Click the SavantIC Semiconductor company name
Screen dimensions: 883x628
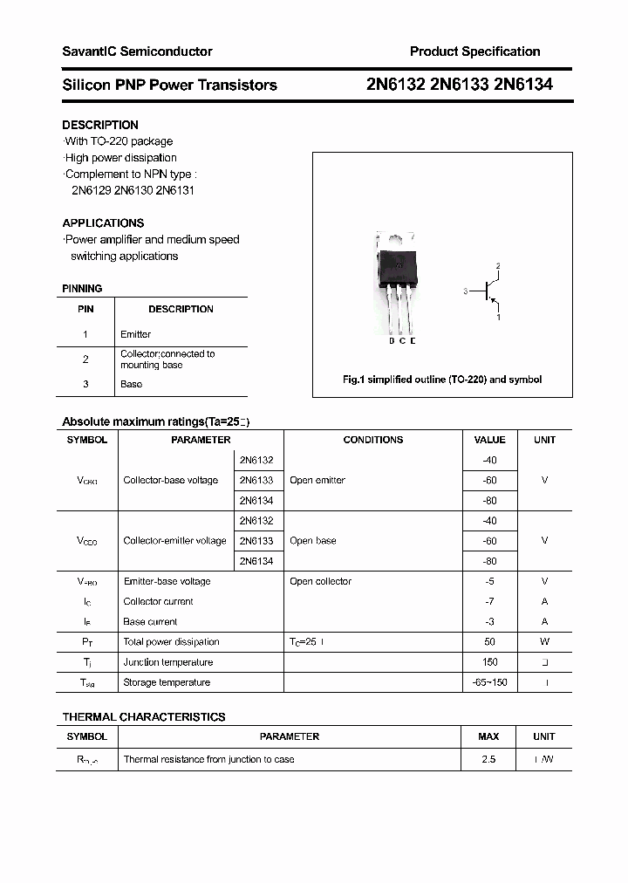tap(137, 51)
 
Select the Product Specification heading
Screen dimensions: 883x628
tap(474, 51)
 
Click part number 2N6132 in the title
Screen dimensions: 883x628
tap(395, 85)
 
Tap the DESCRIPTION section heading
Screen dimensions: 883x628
tap(100, 125)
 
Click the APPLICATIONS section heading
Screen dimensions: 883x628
tap(103, 222)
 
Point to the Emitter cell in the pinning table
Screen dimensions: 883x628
tap(135, 334)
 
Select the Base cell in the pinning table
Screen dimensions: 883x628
tap(131, 384)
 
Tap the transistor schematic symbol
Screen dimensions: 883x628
tap(487, 291)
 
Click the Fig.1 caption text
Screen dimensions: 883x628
tap(442, 380)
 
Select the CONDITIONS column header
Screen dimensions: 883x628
tap(372, 440)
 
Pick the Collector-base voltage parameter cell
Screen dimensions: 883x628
tap(171, 481)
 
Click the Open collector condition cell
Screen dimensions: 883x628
tap(320, 581)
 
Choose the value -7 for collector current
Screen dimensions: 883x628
tap(489, 601)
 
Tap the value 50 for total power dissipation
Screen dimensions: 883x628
tap(489, 642)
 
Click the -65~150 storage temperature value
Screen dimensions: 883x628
tap(489, 682)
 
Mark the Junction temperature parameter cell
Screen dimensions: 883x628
tap(167, 662)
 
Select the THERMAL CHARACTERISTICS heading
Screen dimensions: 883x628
tap(144, 716)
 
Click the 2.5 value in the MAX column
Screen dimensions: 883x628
tap(488, 759)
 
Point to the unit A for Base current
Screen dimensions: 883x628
tap(544, 622)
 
